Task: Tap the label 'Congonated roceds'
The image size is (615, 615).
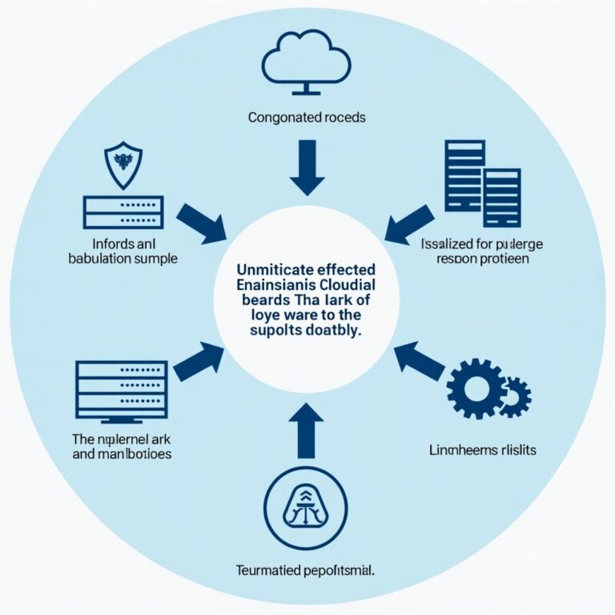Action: (307, 117)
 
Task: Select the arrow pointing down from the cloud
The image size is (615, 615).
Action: (307, 166)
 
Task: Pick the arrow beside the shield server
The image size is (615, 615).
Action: (201, 223)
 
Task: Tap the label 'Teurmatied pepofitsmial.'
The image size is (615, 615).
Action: (307, 571)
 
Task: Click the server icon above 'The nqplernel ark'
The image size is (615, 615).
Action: (121, 390)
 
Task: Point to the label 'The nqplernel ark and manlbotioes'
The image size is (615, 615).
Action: (121, 445)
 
